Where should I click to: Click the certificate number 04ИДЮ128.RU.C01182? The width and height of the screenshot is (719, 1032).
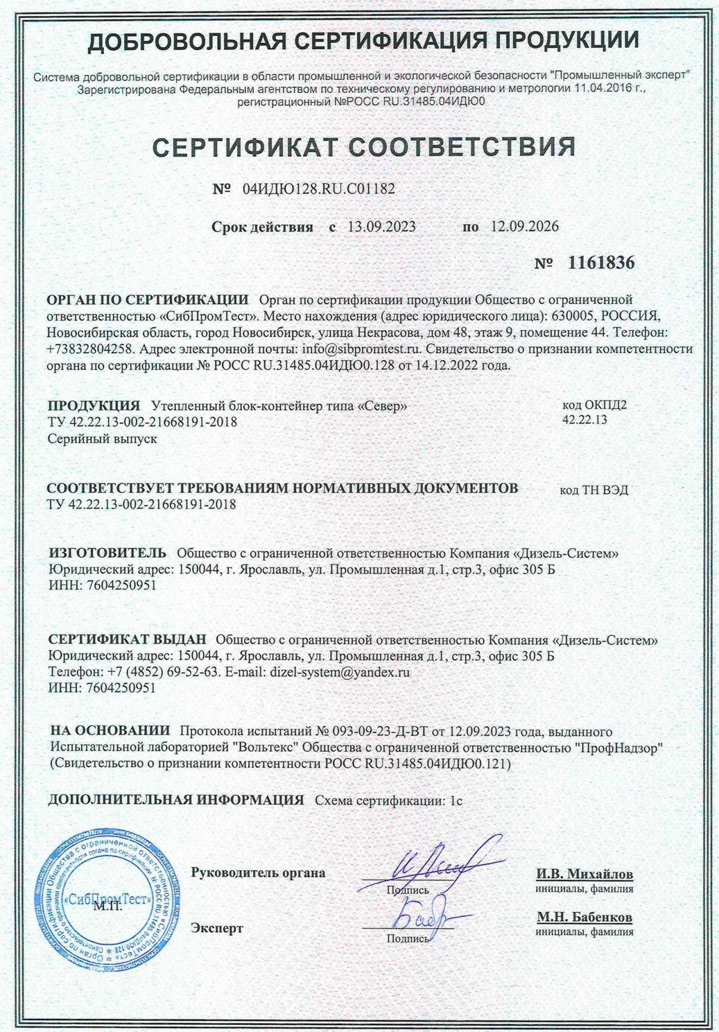pos(319,189)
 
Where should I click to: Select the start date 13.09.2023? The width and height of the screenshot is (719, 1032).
pos(381,226)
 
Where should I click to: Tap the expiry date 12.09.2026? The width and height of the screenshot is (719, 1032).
pos(524,226)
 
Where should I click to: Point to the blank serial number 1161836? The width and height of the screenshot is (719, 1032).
pos(601,263)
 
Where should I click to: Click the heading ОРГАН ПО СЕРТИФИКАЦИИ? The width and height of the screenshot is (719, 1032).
pos(147,300)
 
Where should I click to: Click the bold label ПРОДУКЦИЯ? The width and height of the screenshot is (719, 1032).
pos(94,406)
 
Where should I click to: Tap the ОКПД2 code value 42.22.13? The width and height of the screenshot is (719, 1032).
pos(584,420)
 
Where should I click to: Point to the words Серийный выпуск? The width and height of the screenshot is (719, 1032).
pos(102,439)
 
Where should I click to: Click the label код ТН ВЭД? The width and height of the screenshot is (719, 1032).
pos(593,490)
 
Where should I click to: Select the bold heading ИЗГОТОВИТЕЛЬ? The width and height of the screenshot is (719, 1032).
pos(108,553)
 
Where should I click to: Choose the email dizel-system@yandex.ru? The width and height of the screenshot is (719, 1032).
pos(339,672)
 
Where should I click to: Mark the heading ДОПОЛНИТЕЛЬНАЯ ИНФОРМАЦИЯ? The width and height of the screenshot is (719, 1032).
pos(176,800)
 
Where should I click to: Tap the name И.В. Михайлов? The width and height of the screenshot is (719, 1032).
pos(584,874)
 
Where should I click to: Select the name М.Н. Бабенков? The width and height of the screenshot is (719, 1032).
pos(584,917)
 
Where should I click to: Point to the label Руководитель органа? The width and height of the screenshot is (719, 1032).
pos(258,873)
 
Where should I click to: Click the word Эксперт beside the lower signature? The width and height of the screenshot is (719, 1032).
pos(217,928)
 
